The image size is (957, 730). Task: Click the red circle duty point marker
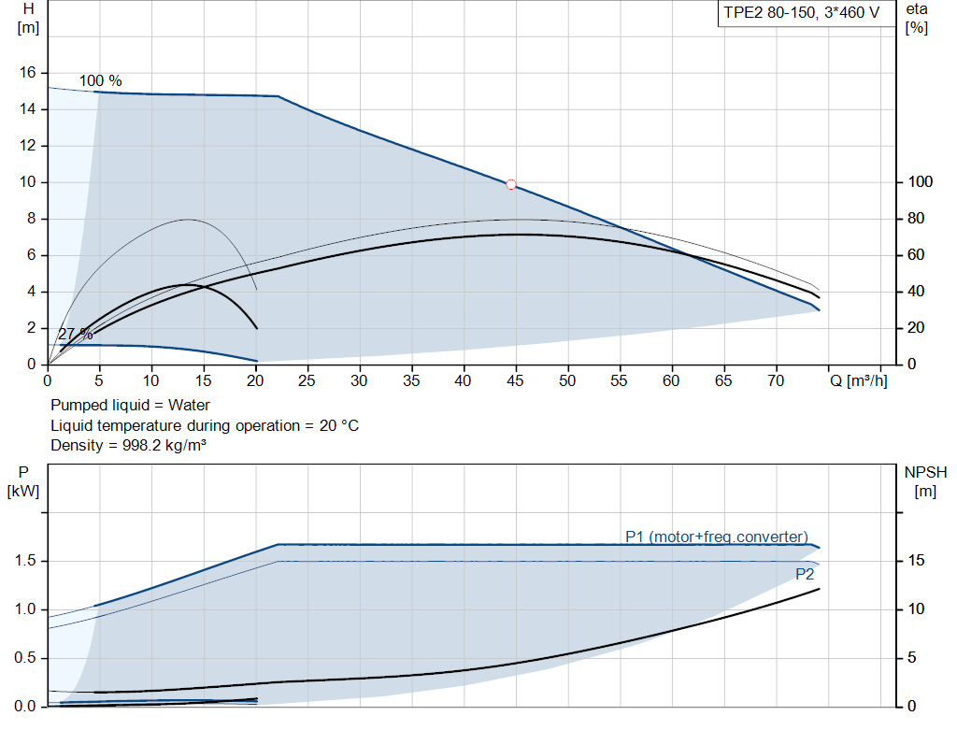pyautogui.click(x=511, y=184)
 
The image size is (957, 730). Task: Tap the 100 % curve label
pyautogui.click(x=100, y=81)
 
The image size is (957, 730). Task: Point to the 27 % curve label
pyautogui.click(x=75, y=334)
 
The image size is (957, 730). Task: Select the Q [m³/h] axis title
pyautogui.click(x=857, y=381)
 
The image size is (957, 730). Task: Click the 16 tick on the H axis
pyautogui.click(x=27, y=73)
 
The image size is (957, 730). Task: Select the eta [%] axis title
pyautogui.click(x=916, y=18)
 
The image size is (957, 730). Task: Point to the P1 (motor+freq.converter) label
pyautogui.click(x=716, y=537)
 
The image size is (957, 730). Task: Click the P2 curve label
pyautogui.click(x=805, y=574)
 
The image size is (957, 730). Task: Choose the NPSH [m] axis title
pyautogui.click(x=925, y=481)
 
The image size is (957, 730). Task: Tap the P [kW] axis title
pyautogui.click(x=23, y=481)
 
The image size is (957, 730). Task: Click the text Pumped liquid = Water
pyautogui.click(x=130, y=406)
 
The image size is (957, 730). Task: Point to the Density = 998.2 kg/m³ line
pyautogui.click(x=128, y=445)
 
